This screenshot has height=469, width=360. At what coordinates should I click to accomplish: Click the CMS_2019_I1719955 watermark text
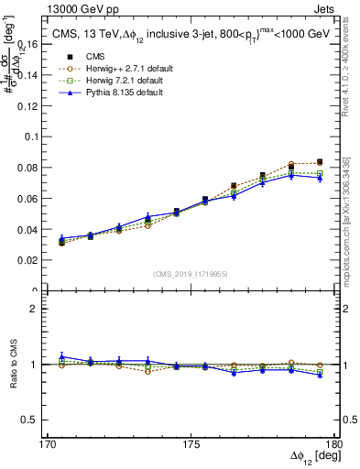(191, 272)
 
